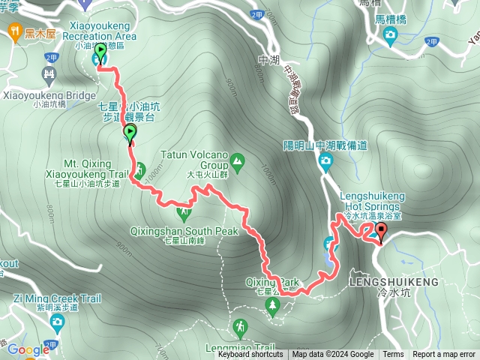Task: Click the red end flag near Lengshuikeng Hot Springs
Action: click(380, 232)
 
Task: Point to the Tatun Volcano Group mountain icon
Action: click(238, 160)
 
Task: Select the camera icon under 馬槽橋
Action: click(390, 36)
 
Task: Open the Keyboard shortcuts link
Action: click(250, 355)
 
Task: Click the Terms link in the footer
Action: click(393, 355)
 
